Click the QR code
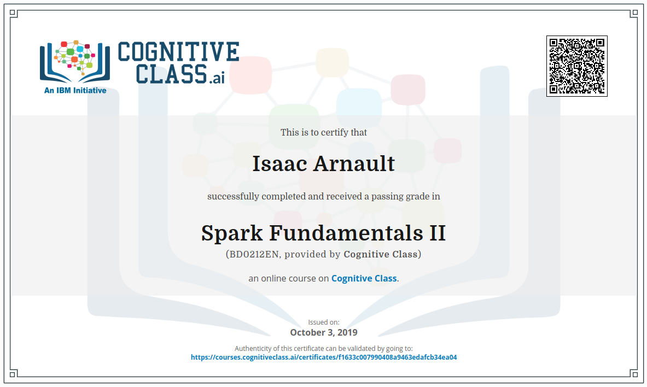coord(577,66)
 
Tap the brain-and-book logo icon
coord(75,61)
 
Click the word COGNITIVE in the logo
coord(179,51)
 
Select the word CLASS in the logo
coord(171,74)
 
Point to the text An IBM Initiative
coord(75,90)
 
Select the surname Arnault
coord(354,163)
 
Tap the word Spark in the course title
coord(232,233)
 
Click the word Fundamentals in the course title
coord(346,233)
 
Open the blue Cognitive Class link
coord(364,278)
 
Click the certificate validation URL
coord(324,357)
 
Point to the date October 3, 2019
coord(324,332)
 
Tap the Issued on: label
coord(324,322)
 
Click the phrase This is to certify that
coord(324,132)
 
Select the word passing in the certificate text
coord(386,197)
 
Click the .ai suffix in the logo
coord(217,78)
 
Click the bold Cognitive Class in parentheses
coord(381,254)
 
